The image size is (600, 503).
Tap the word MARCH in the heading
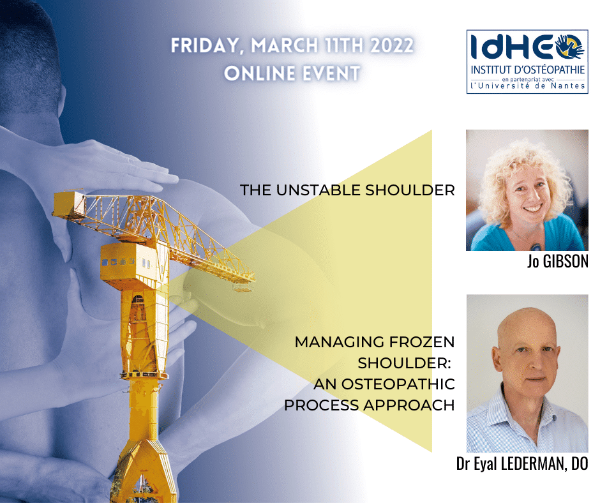[285, 45]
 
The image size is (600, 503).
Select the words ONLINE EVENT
[292, 73]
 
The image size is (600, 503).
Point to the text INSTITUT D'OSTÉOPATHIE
[528, 70]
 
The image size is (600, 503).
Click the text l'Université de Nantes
[528, 86]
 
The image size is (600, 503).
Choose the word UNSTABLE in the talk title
[319, 190]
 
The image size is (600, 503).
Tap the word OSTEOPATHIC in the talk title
[398, 384]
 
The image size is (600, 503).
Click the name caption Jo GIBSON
[557, 262]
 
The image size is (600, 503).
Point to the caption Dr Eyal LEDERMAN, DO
[522, 463]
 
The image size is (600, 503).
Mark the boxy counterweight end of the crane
[68, 204]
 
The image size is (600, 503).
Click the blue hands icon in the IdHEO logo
[570, 47]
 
